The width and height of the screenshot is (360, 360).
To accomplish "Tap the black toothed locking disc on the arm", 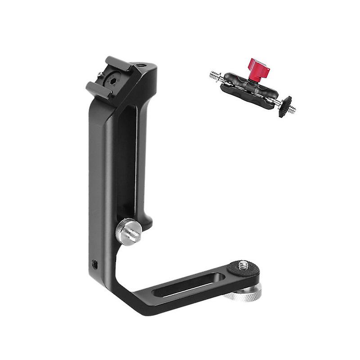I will click(x=284, y=106).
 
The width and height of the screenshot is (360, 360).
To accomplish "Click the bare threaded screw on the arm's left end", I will click(x=215, y=76).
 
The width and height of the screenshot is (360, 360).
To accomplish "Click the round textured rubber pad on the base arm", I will click(x=241, y=270).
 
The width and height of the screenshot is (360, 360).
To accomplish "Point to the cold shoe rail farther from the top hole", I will click(x=95, y=90).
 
